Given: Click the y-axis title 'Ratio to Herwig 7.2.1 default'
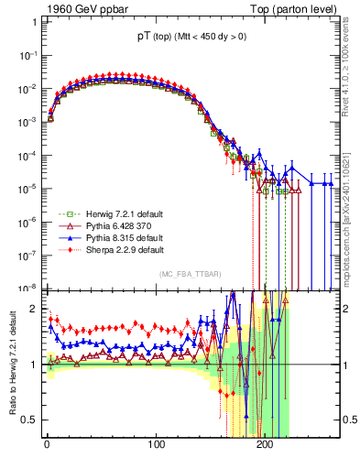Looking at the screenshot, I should (x=11, y=363).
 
